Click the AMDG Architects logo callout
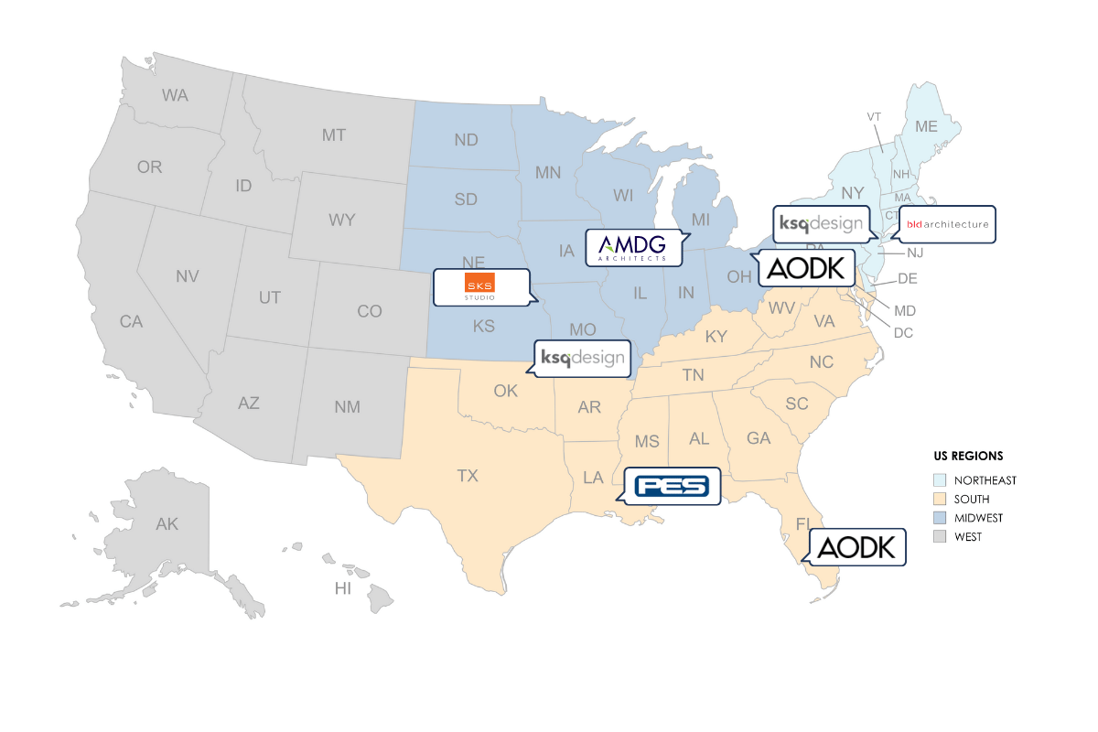point(632,247)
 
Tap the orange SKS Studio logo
point(479,286)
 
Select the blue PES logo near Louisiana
point(672,486)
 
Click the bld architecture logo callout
point(947,224)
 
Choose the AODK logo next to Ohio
point(804,267)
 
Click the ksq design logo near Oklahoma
point(582,358)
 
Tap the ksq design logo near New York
point(819,223)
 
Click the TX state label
point(468,476)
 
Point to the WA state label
point(175,95)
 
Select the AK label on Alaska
point(167,524)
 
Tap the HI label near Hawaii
point(342,589)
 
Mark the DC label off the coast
point(903,333)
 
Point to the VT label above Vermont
point(873,116)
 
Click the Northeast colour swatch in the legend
point(940,480)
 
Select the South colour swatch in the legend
point(940,500)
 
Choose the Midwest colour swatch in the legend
point(940,518)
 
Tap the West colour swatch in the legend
point(940,537)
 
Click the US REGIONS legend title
point(967,456)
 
